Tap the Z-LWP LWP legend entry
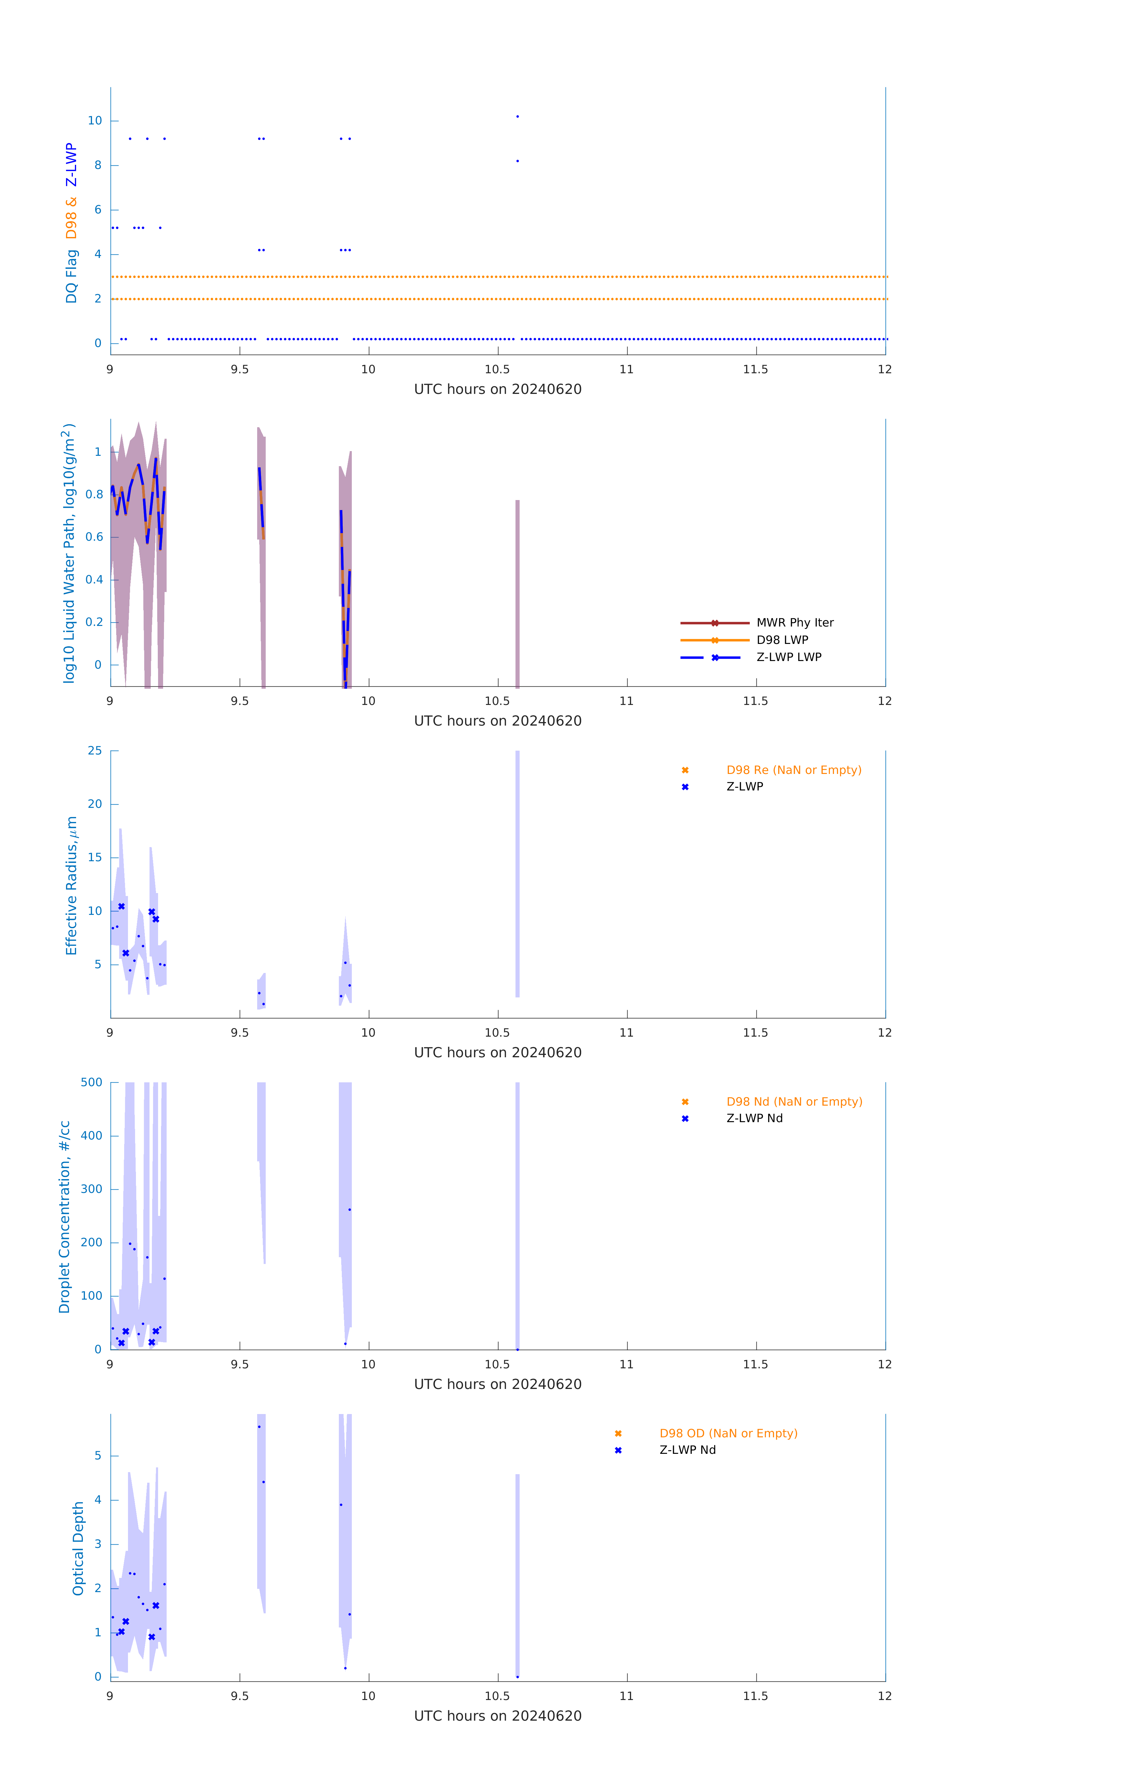pos(789,657)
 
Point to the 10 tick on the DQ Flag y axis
pos(95,121)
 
